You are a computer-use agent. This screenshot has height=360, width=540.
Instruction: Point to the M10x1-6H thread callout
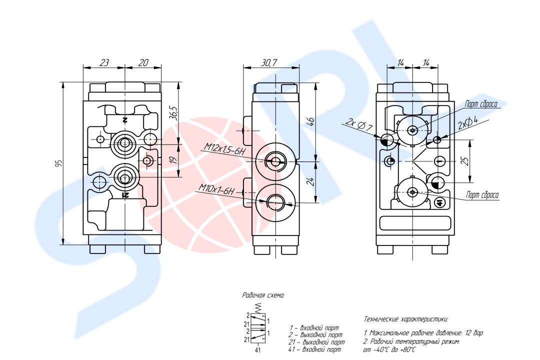(x=216, y=189)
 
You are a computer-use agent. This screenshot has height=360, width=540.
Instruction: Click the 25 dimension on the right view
(x=465, y=161)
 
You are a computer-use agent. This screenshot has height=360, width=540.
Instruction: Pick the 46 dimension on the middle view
(x=310, y=121)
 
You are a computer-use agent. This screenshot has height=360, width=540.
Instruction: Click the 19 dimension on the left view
(x=173, y=160)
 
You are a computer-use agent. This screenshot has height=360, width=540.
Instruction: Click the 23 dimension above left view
(x=104, y=62)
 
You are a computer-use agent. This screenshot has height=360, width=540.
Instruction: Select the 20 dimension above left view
(x=143, y=62)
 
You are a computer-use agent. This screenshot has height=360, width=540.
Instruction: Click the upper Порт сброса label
(x=481, y=103)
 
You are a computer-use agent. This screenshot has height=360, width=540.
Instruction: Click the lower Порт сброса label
(x=482, y=195)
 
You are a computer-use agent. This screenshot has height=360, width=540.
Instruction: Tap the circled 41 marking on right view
(x=439, y=202)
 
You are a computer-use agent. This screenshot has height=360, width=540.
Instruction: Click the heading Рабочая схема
(x=263, y=295)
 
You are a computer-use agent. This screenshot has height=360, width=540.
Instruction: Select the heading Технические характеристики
(x=405, y=318)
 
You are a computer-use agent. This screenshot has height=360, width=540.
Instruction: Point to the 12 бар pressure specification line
(x=423, y=332)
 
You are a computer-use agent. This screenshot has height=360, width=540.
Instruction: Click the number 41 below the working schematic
(x=258, y=350)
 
